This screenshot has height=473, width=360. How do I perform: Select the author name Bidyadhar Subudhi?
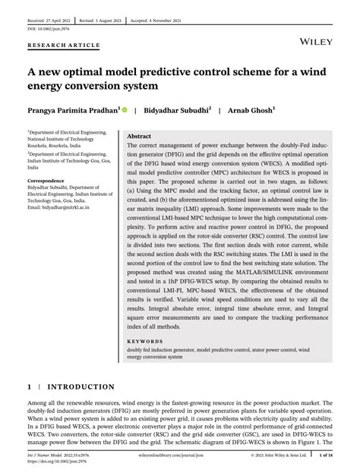tap(176, 110)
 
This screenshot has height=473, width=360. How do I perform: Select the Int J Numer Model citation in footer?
tap(53, 456)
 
